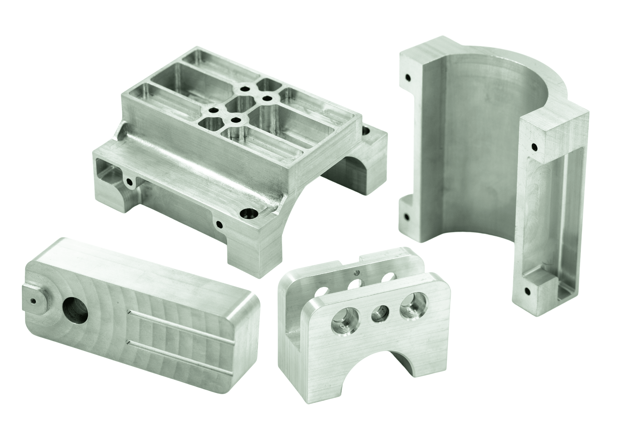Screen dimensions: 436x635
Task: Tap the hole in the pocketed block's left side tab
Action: click(129, 182)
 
